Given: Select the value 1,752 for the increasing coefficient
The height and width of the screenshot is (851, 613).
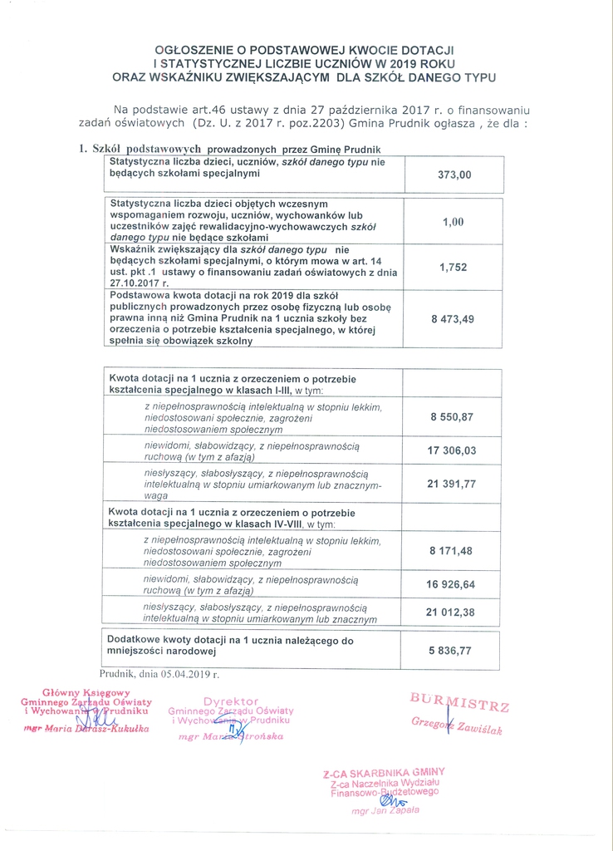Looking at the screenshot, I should click(x=454, y=268).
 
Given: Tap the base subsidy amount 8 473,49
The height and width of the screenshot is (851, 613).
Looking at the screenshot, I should click(x=453, y=319).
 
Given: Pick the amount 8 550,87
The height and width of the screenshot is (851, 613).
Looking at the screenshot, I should click(x=452, y=416).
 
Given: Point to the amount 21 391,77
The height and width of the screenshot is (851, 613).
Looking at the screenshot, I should click(x=452, y=484).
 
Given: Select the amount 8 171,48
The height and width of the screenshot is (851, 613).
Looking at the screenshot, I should click(x=452, y=550).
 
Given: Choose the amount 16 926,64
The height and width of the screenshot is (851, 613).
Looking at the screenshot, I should click(x=452, y=584).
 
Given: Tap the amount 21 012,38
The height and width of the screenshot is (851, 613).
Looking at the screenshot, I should click(x=452, y=612).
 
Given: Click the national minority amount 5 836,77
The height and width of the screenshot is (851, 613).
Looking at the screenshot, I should click(x=452, y=651).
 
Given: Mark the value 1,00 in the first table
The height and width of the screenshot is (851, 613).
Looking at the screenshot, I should click(x=453, y=222).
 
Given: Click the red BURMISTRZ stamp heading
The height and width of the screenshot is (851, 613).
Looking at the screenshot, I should click(x=459, y=702).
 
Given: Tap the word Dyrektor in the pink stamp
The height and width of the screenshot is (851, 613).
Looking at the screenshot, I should click(x=231, y=701).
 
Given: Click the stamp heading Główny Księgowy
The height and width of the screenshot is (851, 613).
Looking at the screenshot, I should click(x=86, y=692).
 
